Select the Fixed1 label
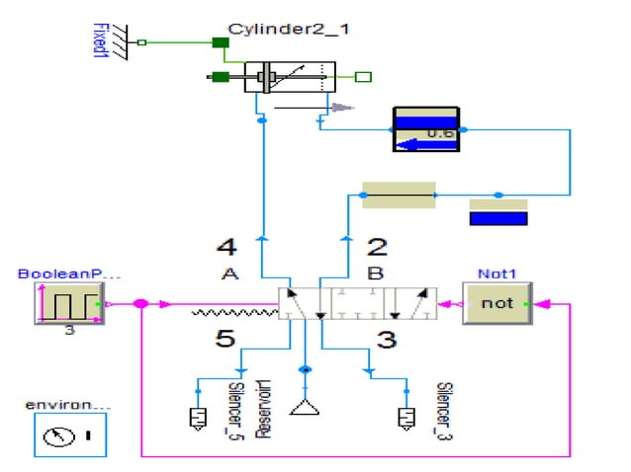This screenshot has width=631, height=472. point(99,40)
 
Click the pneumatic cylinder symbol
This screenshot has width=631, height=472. point(290,77)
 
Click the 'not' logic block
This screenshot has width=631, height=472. point(497,303)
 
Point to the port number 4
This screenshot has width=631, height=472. point(227,246)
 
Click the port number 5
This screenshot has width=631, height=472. point(226,340)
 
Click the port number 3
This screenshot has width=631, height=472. point(387,340)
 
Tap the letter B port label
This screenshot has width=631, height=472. point(376,275)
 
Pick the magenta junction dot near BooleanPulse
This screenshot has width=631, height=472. point(141,303)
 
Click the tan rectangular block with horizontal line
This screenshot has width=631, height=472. point(399,196)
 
